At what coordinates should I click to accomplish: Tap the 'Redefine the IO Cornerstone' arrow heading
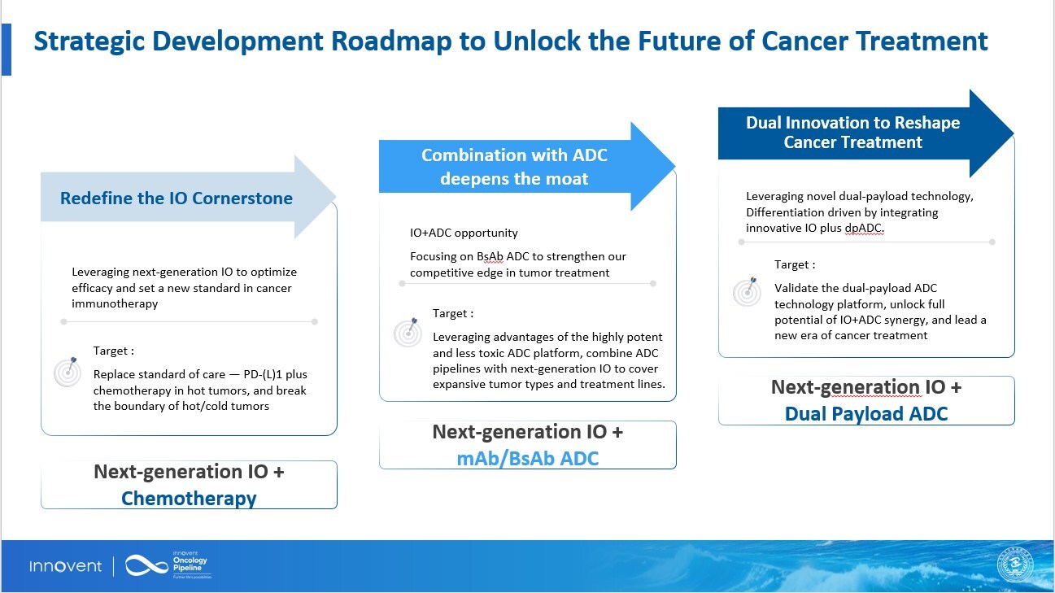[x=177, y=198]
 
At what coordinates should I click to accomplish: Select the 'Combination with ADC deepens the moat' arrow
[x=514, y=167]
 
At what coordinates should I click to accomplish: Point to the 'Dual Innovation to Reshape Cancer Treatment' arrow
[x=852, y=133]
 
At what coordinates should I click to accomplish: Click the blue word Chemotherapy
[x=189, y=498]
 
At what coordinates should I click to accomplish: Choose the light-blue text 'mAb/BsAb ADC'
[x=527, y=458]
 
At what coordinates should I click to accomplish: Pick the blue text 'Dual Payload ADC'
[x=866, y=413]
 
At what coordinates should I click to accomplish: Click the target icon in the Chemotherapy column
[x=68, y=371]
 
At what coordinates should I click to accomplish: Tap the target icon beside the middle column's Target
[x=408, y=332]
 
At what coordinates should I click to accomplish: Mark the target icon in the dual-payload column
[x=747, y=291]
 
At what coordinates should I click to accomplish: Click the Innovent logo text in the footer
[x=66, y=566]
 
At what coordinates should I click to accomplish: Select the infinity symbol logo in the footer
[x=146, y=566]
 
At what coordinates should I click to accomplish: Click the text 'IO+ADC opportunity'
[x=464, y=233]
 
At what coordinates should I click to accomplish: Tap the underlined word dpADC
[x=863, y=229]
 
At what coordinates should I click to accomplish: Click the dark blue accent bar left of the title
[x=7, y=50]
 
